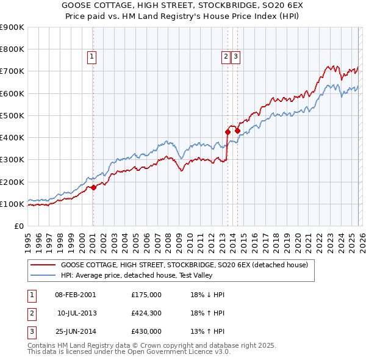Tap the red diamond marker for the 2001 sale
[x=93, y=187]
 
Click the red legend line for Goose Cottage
[x=43, y=265]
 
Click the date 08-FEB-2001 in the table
[x=76, y=295]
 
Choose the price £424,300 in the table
[x=146, y=313]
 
